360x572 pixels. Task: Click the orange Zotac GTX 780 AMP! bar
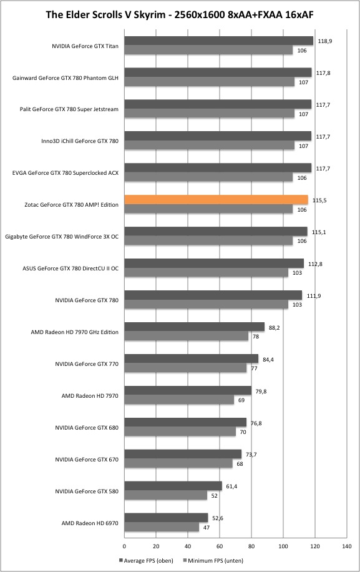point(216,200)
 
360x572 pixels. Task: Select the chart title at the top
point(180,14)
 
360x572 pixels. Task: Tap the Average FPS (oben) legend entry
point(146,560)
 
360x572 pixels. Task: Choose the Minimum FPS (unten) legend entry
point(213,560)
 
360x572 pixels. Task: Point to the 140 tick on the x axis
point(346,546)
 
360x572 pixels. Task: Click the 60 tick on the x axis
point(220,546)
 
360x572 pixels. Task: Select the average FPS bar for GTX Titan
point(218,41)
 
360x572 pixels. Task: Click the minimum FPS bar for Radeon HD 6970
point(162,527)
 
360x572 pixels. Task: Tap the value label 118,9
point(324,41)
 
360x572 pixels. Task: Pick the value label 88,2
point(275,328)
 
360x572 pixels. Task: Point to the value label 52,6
point(218,518)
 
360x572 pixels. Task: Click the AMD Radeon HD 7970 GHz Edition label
point(75,332)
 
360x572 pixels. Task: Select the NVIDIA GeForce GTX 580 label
point(87,491)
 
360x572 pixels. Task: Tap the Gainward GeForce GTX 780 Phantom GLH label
point(66,77)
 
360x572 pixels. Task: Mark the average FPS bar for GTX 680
point(185,422)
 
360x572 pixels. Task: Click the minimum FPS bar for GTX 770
point(186,368)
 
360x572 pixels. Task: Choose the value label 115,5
point(319,200)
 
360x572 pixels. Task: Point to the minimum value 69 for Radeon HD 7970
point(241,400)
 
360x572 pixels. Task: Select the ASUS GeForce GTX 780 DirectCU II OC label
point(71,269)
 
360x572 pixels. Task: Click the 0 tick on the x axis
point(124,546)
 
